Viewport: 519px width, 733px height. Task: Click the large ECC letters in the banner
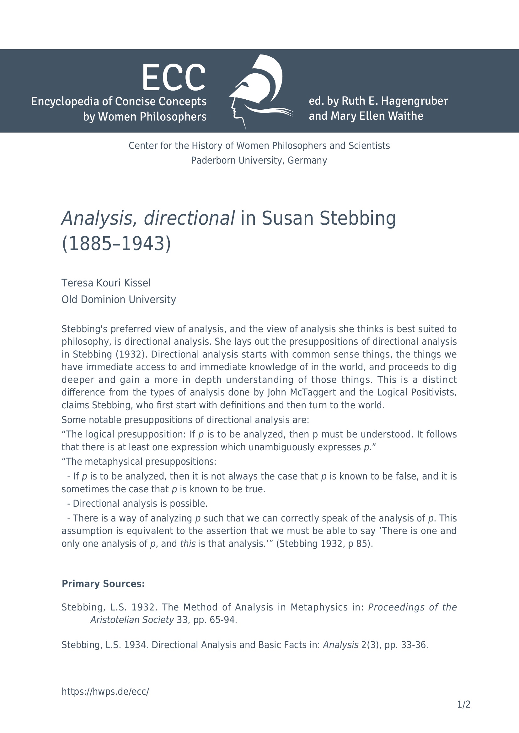tap(174, 78)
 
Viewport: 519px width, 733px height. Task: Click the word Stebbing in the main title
tap(358, 218)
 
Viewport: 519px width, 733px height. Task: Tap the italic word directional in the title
tap(189, 218)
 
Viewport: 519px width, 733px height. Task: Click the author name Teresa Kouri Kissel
tap(106, 283)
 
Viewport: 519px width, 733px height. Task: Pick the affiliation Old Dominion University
tap(119, 300)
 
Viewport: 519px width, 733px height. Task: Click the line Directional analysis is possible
tap(140, 504)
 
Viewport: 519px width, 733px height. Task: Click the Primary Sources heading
tap(103, 584)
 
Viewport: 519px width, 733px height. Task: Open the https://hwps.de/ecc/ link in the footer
tap(105, 692)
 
